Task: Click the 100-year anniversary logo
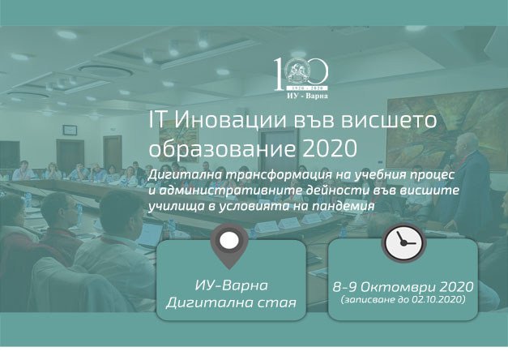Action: pos(301,78)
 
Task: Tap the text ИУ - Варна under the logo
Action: pos(307,96)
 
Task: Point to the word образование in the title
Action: pos(222,149)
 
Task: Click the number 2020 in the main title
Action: pos(330,149)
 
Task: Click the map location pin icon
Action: pos(229,246)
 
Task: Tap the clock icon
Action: pos(403,242)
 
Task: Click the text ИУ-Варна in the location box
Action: pos(232,285)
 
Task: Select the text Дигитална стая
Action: pos(231,303)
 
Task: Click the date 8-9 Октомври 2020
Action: pos(403,287)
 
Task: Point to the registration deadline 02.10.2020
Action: pos(437,299)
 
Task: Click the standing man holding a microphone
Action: pos(467,182)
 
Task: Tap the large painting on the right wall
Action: pos(447,130)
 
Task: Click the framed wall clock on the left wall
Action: pos(70,130)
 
